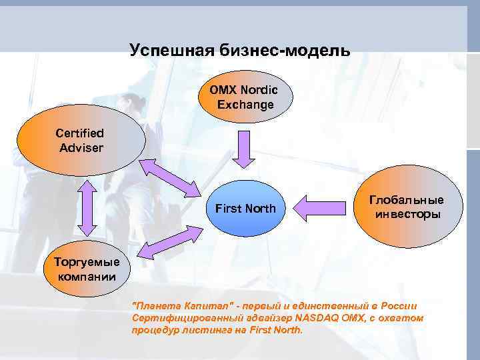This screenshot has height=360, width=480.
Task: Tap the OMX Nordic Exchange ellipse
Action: coord(245,97)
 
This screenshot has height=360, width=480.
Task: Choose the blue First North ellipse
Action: coord(245,209)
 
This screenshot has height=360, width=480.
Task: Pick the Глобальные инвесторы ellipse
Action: coord(407,207)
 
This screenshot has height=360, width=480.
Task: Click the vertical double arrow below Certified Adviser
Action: coord(86,205)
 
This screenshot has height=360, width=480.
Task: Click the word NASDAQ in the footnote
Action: coord(325,318)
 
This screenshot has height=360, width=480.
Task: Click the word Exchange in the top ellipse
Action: coord(245,105)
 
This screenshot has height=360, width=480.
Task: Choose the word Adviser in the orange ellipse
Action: coord(81,147)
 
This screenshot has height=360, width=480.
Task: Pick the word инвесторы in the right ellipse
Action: coord(407,215)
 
